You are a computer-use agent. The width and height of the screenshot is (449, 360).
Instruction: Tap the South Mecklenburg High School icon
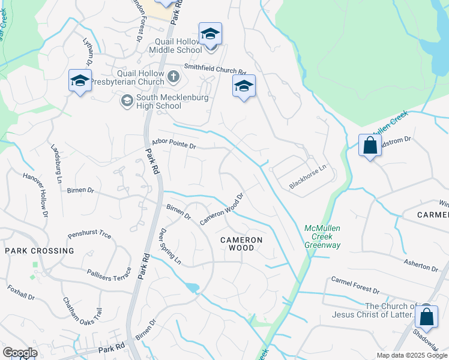tap(127, 101)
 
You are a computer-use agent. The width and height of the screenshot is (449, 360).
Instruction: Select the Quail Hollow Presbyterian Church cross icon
tap(173, 76)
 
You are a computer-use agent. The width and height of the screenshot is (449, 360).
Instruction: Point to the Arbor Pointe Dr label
tap(174, 145)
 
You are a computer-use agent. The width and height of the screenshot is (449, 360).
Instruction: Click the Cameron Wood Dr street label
tap(221, 209)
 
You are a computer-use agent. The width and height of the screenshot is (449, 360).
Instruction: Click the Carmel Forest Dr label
tap(355, 286)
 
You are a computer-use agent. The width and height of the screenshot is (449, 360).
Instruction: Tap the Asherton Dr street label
tap(421, 265)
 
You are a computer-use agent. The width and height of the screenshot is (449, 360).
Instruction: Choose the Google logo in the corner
tap(20, 353)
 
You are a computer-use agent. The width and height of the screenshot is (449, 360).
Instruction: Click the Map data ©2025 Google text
tap(411, 355)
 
